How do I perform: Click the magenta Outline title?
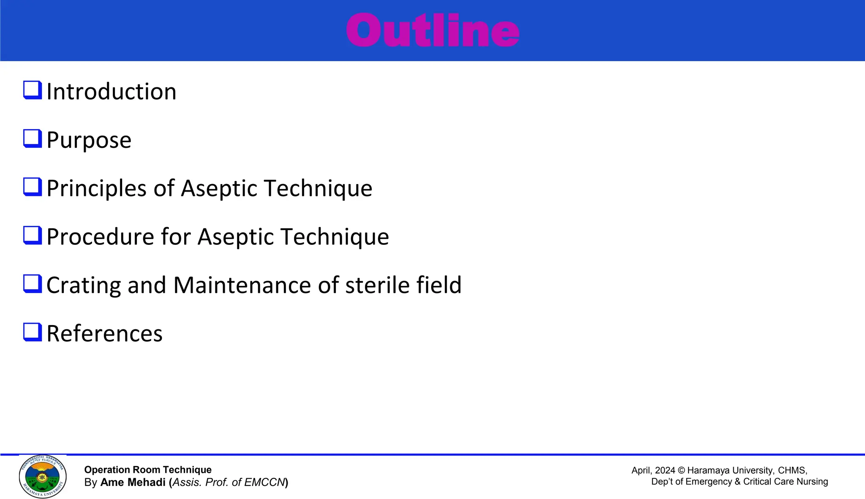432,30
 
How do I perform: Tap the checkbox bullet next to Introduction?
33,90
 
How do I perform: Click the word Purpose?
89,140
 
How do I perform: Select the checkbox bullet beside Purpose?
33,138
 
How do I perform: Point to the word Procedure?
100,237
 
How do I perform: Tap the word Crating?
83,285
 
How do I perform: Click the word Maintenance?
242,285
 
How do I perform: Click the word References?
104,334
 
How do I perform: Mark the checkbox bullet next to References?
33,332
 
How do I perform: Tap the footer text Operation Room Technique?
148,470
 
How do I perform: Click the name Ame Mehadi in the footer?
133,483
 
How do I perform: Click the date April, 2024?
653,470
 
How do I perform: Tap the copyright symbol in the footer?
681,470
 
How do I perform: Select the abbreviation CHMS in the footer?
792,470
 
